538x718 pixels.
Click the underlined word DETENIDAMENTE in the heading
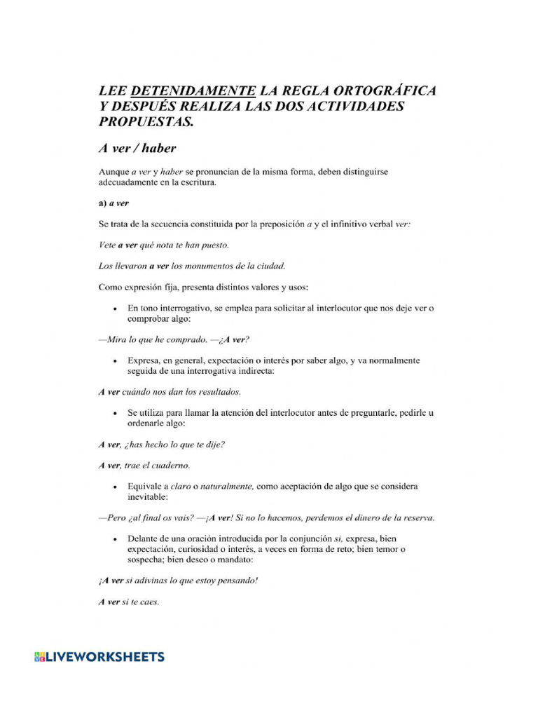tap(193, 90)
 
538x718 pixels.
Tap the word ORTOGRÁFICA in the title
tap(383, 90)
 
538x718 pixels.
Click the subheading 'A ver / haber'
tap(137, 149)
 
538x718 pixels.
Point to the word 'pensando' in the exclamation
tap(235, 581)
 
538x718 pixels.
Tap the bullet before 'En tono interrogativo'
tap(114, 309)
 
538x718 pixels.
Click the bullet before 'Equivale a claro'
tap(114, 487)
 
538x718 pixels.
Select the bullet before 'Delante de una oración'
tap(114, 539)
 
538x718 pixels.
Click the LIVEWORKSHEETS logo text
tap(105, 657)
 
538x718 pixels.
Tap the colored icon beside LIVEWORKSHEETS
tap(39, 657)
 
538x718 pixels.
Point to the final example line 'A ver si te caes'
tap(129, 602)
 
